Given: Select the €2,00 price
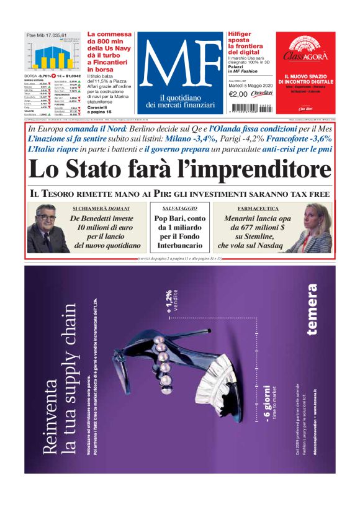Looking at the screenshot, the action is [x=238, y=94].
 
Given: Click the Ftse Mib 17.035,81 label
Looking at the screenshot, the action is [x=46, y=36].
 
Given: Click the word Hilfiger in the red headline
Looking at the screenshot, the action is [x=240, y=35].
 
